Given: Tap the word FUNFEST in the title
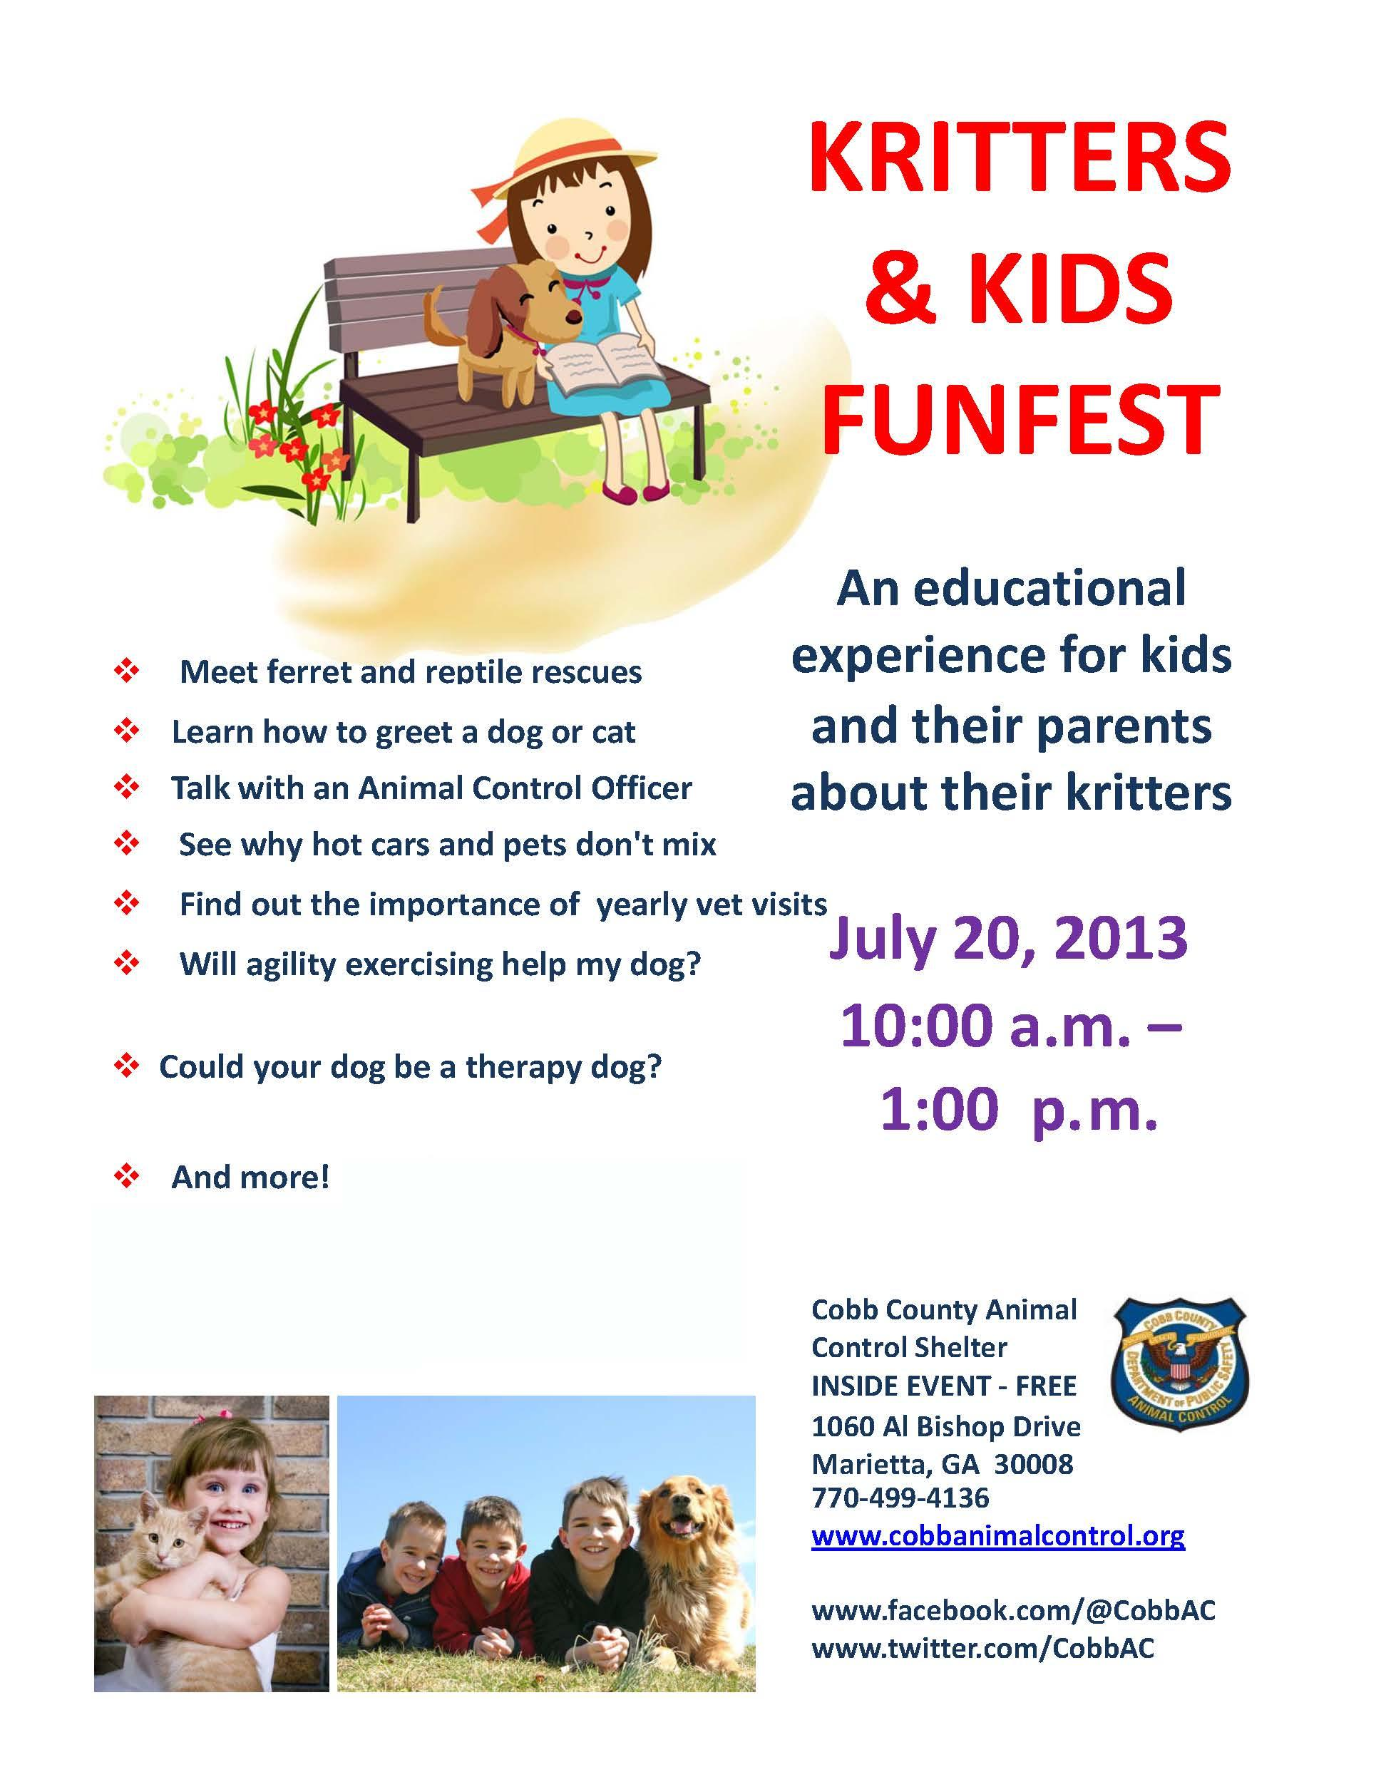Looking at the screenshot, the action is [1021, 421].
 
